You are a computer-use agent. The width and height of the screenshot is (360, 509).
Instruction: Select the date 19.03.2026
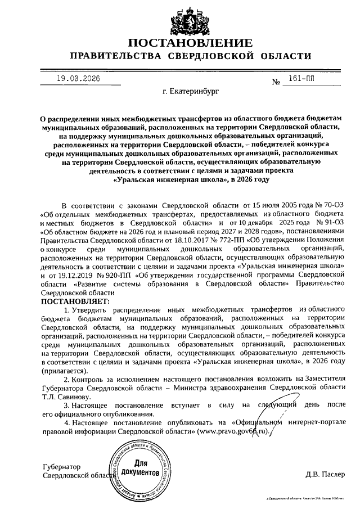tap(78, 79)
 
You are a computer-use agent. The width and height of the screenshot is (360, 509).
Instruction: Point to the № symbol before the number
tap(276, 83)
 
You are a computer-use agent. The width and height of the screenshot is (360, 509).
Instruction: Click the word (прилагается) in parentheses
tap(64, 371)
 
